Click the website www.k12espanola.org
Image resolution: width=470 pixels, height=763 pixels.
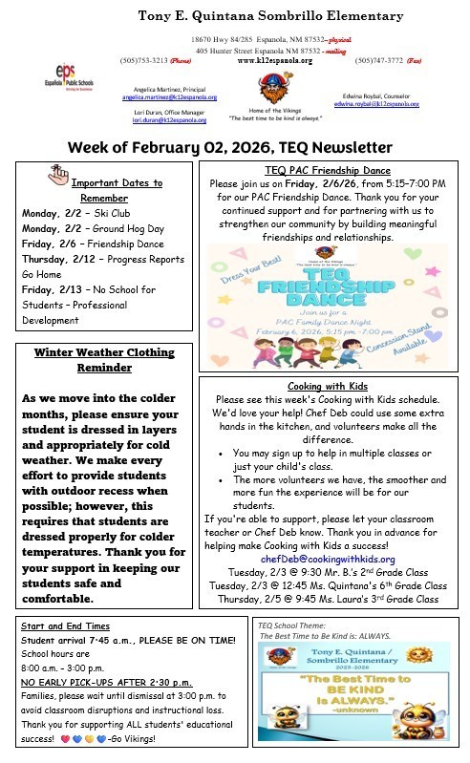click(x=275, y=59)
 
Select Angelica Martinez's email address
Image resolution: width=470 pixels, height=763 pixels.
click(x=169, y=97)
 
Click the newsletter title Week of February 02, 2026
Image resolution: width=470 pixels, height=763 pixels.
click(x=230, y=147)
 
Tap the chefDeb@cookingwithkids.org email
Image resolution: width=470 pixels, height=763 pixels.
click(x=327, y=558)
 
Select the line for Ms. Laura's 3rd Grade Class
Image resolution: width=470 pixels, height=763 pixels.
click(x=327, y=599)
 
